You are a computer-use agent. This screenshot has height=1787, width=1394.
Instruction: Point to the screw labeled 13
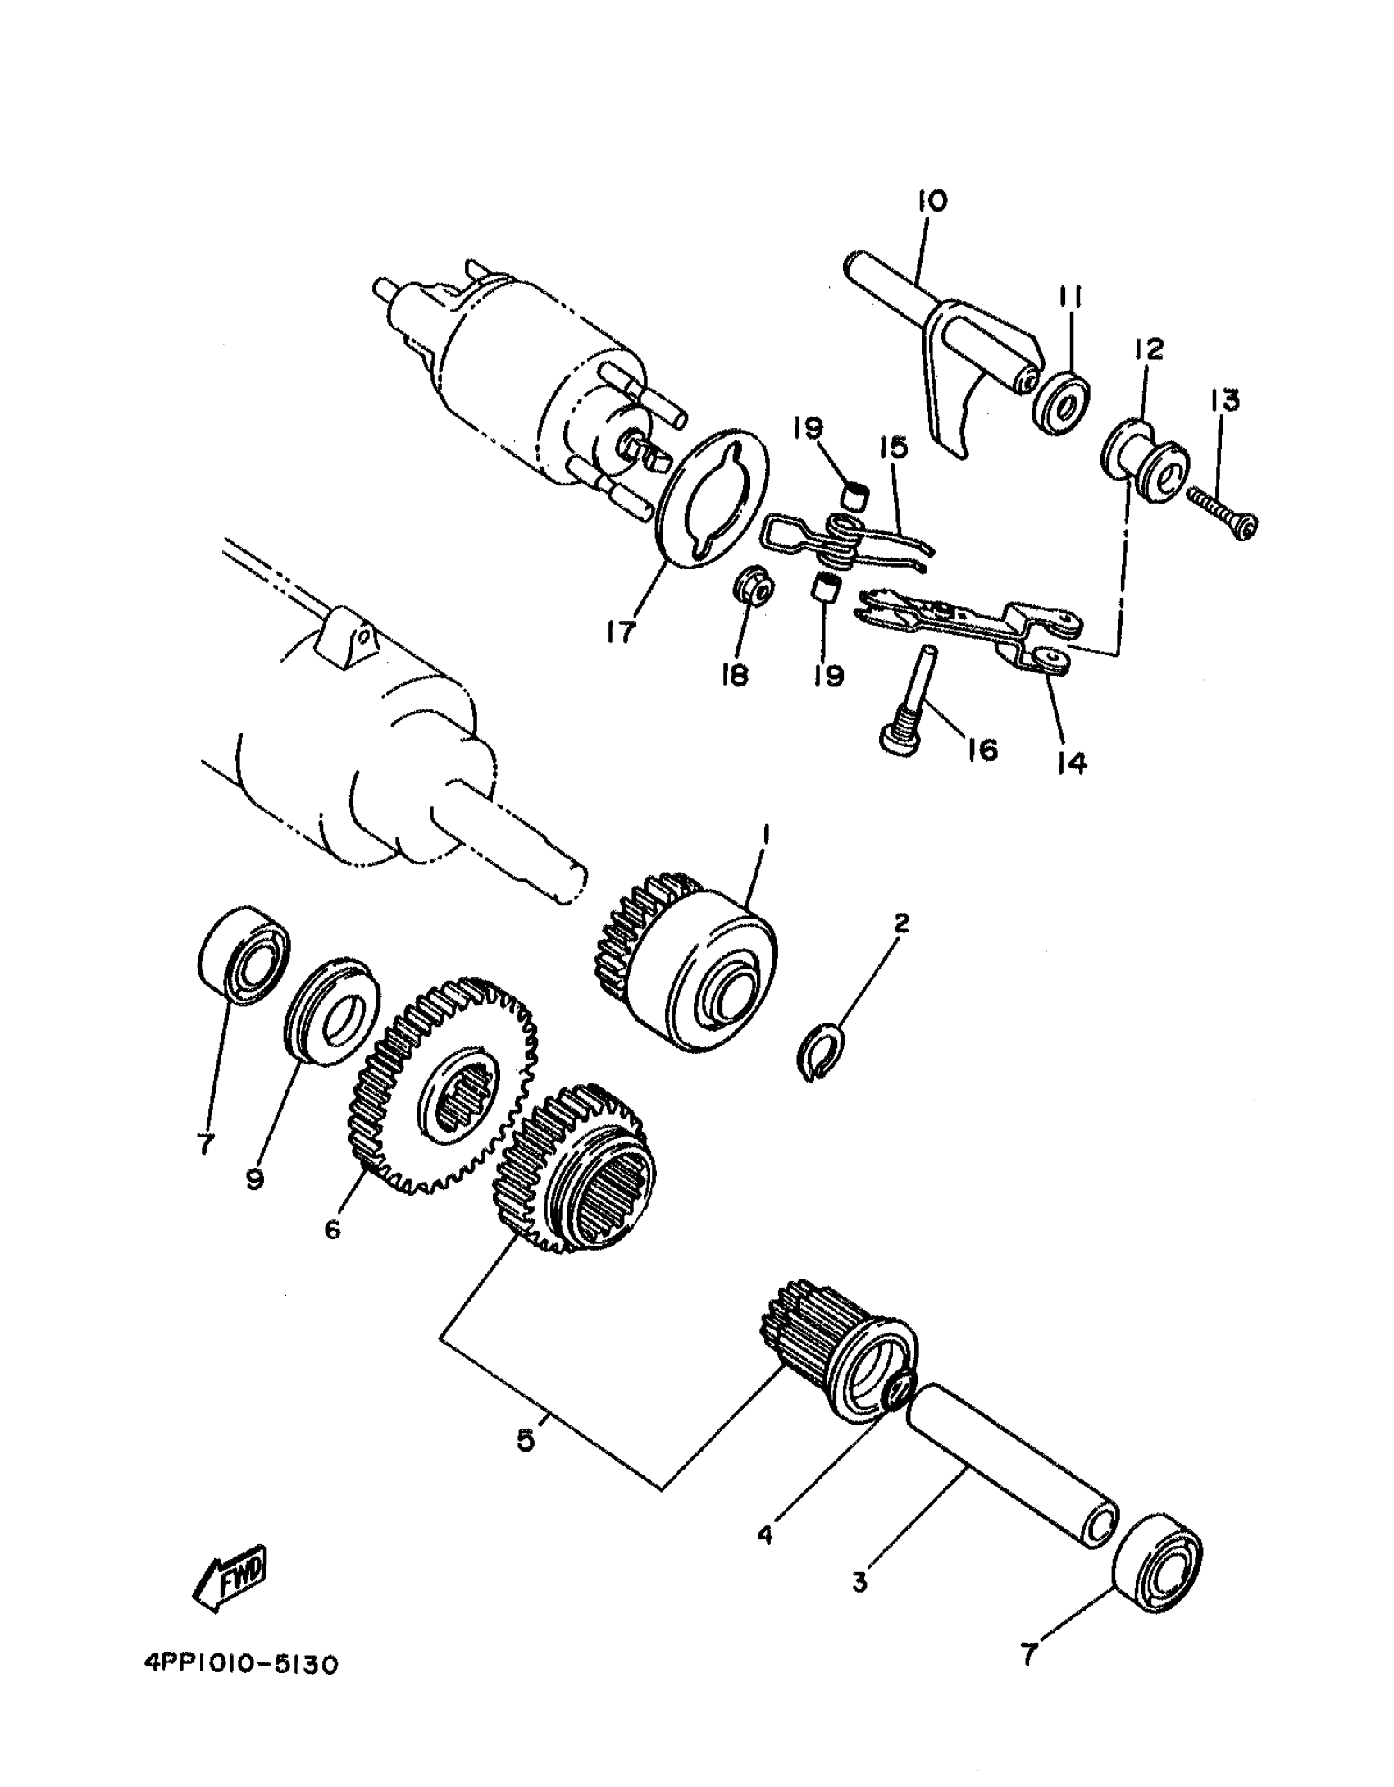[1221, 516]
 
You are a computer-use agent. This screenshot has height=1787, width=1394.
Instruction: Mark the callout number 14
[1071, 763]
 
